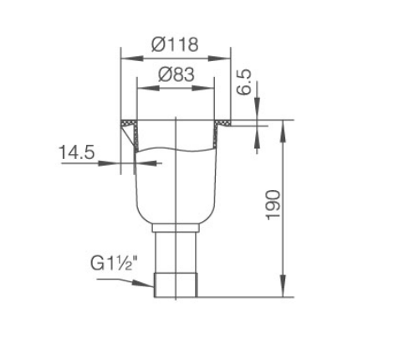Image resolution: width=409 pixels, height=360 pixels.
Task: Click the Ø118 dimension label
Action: [x=175, y=44]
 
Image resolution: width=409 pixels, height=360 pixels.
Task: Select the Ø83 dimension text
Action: [x=176, y=75]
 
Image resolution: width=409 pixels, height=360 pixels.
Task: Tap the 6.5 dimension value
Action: [x=243, y=82]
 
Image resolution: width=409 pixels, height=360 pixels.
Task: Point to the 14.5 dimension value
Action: [x=77, y=152]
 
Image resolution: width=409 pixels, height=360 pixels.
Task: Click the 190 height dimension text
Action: [x=273, y=205]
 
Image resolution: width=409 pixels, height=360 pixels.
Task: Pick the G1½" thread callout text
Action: [x=115, y=263]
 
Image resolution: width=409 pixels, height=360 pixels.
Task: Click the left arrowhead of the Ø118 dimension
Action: [x=132, y=59]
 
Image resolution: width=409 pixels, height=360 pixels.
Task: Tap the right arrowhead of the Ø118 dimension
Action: [x=219, y=59]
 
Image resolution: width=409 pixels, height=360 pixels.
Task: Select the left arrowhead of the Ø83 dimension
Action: [x=148, y=89]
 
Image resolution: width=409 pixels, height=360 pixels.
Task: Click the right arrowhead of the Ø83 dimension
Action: [x=202, y=89]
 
